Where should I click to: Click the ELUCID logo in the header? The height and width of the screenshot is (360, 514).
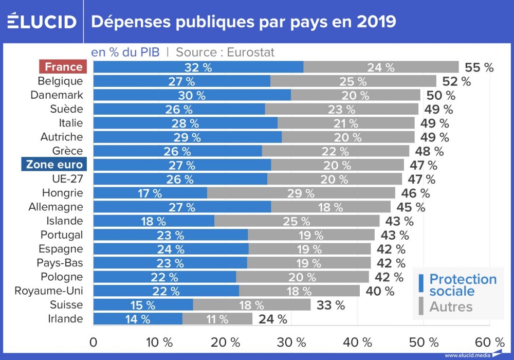tap(42, 22)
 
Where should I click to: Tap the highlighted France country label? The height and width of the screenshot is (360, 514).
tap(63, 67)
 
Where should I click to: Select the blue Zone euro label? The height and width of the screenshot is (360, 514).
tap(54, 165)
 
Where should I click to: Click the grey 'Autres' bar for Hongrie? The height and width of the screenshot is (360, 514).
tap(301, 193)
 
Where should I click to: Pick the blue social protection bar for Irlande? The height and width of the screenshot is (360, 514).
tap(138, 319)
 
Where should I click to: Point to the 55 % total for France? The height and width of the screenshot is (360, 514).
tap(479, 67)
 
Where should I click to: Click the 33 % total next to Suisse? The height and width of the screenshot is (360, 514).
tap(331, 305)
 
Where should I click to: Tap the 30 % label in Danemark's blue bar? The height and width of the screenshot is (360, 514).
tap(192, 95)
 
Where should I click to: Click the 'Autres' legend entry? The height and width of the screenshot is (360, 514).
tap(450, 307)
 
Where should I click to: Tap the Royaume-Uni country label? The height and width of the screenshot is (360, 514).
tap(48, 291)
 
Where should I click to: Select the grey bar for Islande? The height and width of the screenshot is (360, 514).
tap(297, 221)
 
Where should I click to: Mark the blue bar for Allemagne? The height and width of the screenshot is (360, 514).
tap(182, 207)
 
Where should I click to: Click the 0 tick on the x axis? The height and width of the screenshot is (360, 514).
tap(94, 342)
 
